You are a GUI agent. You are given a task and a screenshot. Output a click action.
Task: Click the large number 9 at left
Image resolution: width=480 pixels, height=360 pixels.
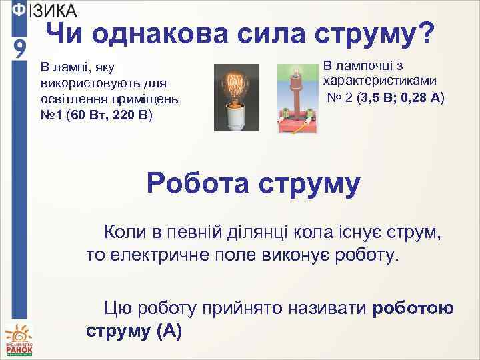[20, 48]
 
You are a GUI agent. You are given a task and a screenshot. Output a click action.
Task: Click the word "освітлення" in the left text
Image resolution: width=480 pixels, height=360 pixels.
[73, 99]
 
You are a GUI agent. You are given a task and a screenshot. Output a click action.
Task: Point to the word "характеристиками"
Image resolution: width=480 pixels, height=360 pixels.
[380, 81]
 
